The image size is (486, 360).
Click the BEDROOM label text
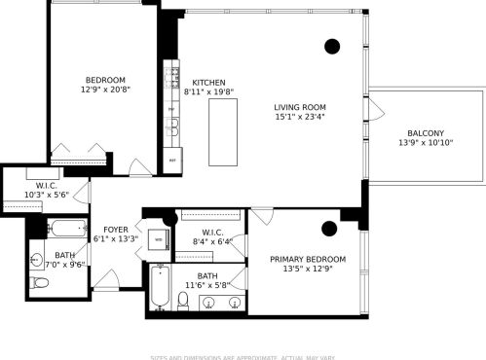(104, 80)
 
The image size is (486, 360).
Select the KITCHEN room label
(208, 83)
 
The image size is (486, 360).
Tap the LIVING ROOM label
(299, 107)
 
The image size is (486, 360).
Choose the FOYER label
(116, 229)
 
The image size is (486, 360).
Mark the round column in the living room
(332, 45)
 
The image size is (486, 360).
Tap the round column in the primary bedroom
(328, 229)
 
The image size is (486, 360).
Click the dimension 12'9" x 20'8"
(104, 90)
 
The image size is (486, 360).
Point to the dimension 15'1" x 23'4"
(299, 118)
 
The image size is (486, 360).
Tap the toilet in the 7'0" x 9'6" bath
(39, 282)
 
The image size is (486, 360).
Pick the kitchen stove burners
(173, 73)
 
